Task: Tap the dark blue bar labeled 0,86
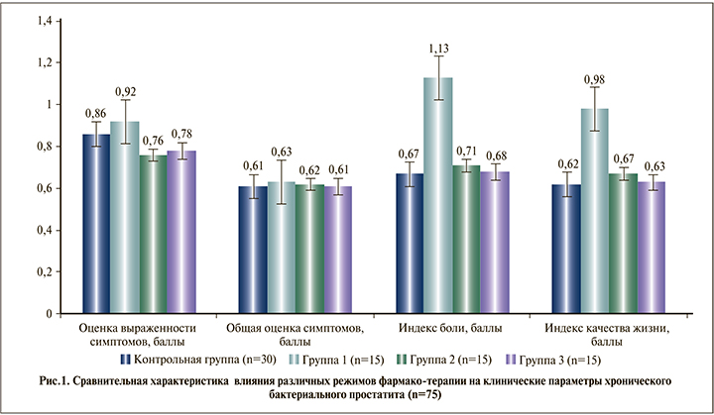[x=96, y=224]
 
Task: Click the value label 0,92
[x=125, y=92]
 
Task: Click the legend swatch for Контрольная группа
[x=127, y=358]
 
